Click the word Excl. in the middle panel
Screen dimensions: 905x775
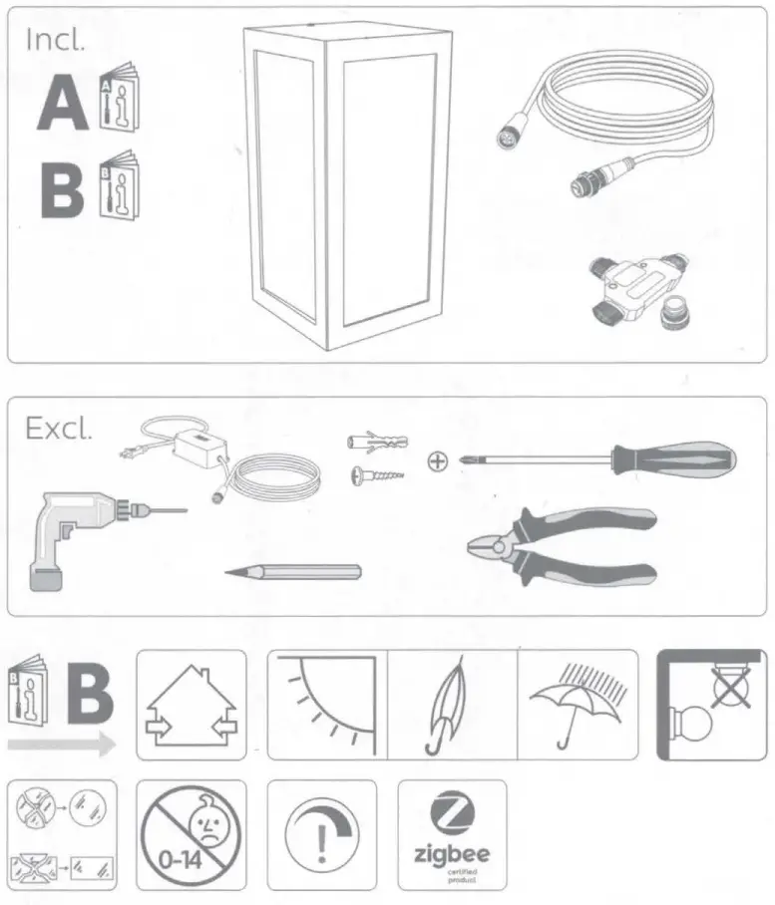59,431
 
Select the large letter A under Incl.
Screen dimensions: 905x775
62,106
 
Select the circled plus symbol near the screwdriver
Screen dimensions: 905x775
435,460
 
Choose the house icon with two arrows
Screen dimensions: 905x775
191,705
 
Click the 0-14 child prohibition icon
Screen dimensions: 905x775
191,834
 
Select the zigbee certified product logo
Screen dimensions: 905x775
452,834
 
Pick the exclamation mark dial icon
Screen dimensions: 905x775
321,834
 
